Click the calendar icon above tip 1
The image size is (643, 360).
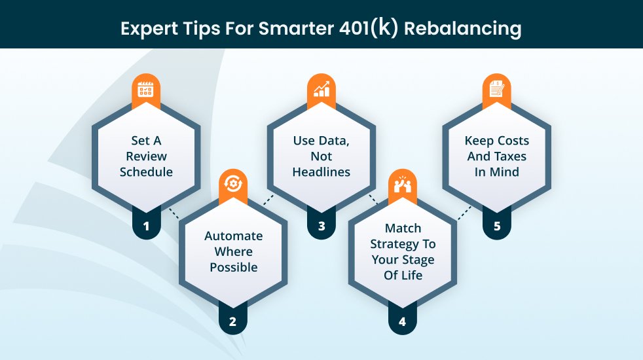145,89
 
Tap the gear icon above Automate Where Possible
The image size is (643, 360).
233,184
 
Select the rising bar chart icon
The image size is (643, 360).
321,88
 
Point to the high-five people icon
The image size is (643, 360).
402,184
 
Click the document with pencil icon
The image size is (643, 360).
496,88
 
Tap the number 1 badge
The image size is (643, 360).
146,226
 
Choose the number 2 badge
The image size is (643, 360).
232,321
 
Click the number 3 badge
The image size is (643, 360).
321,226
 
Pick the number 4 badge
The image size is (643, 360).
402,321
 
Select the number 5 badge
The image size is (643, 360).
497,226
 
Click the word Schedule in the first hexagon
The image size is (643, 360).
146,171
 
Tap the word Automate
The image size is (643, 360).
233,236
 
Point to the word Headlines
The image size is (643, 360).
321,171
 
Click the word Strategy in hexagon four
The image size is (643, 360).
391,244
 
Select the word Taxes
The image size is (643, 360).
509,156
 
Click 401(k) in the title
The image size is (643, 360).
369,28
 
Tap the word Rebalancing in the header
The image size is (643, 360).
462,29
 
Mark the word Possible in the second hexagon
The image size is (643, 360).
234,267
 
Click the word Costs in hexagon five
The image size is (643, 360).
513,141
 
